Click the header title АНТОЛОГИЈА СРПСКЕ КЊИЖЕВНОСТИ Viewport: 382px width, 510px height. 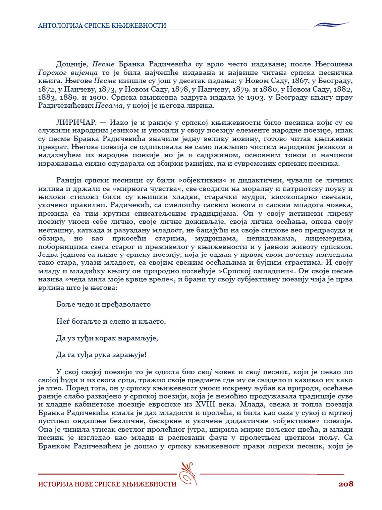tap(102, 25)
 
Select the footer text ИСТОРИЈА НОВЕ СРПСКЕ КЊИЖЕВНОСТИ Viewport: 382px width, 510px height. tap(107, 484)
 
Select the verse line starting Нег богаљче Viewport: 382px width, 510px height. tap(110, 321)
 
